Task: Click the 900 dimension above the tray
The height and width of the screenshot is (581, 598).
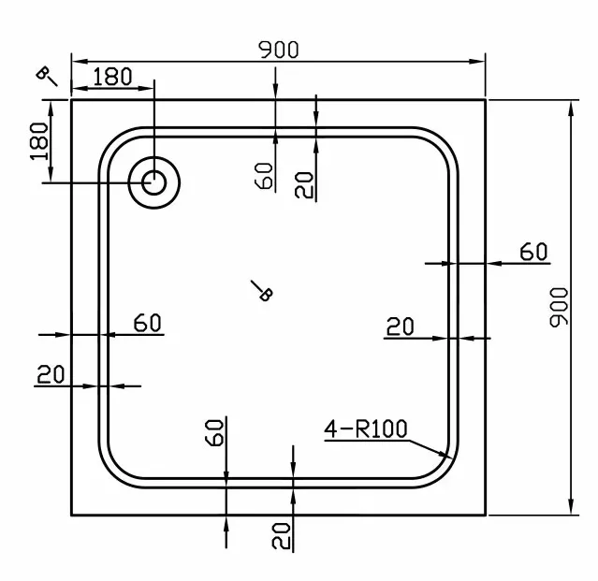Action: (x=278, y=50)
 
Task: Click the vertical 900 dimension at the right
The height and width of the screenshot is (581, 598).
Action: (x=559, y=307)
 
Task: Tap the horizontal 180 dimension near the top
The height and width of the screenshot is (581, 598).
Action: (x=112, y=76)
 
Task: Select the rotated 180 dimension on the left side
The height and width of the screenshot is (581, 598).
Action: (x=39, y=141)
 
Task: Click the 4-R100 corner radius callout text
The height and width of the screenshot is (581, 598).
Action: (x=366, y=428)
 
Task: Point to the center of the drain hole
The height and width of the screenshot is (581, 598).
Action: (x=154, y=182)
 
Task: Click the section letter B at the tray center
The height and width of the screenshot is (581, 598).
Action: (x=266, y=294)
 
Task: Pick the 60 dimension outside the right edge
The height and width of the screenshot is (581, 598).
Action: (x=533, y=252)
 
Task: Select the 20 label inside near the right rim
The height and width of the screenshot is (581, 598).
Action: (x=400, y=327)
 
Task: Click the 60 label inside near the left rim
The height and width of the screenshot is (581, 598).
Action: (x=148, y=323)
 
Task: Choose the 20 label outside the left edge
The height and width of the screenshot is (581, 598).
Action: (x=51, y=374)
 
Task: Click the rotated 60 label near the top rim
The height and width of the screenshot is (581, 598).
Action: (x=264, y=176)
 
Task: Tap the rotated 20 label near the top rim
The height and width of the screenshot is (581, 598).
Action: (x=304, y=185)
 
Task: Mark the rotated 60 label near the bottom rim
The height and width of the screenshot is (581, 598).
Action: (x=214, y=432)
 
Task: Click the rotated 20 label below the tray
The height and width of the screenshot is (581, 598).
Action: (x=281, y=536)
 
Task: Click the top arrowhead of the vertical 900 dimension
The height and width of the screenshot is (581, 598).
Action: (x=571, y=109)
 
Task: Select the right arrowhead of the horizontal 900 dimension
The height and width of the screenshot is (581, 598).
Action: (x=476, y=62)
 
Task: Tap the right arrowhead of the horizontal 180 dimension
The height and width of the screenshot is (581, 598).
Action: (x=146, y=89)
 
